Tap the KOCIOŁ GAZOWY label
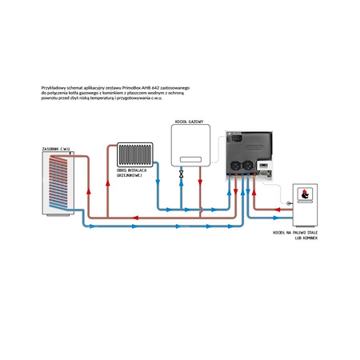(x=190, y=122)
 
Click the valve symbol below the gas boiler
(x=182, y=173)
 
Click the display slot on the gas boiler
(x=189, y=158)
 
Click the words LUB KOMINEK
(x=306, y=238)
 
